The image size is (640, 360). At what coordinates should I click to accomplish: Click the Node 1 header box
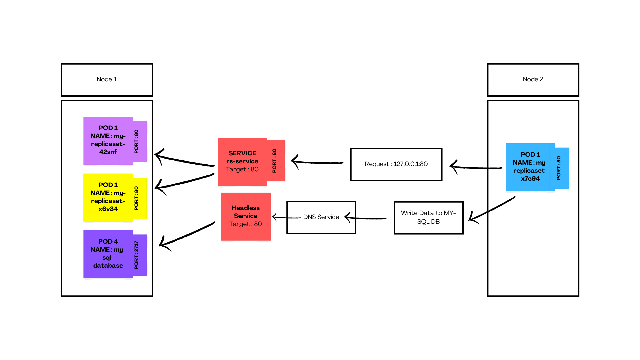tap(107, 80)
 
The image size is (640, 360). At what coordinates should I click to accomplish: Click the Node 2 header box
tap(533, 80)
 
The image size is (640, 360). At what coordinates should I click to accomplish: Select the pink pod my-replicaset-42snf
tap(108, 140)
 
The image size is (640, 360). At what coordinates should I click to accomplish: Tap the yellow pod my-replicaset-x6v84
tap(108, 197)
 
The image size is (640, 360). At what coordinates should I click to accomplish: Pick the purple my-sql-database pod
tap(108, 254)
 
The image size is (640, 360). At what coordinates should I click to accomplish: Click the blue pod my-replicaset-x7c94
tap(530, 167)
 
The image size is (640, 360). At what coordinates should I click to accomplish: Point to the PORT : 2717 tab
tap(136, 255)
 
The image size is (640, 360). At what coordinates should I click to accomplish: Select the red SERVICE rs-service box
tap(242, 161)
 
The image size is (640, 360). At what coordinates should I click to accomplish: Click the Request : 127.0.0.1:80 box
tap(396, 164)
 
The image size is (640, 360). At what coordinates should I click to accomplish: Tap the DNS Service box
tap(321, 217)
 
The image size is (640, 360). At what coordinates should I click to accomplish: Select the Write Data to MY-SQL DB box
tap(428, 217)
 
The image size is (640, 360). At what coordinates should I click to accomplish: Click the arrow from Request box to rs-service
tap(317, 163)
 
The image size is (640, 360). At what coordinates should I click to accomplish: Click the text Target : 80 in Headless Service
tap(246, 224)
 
